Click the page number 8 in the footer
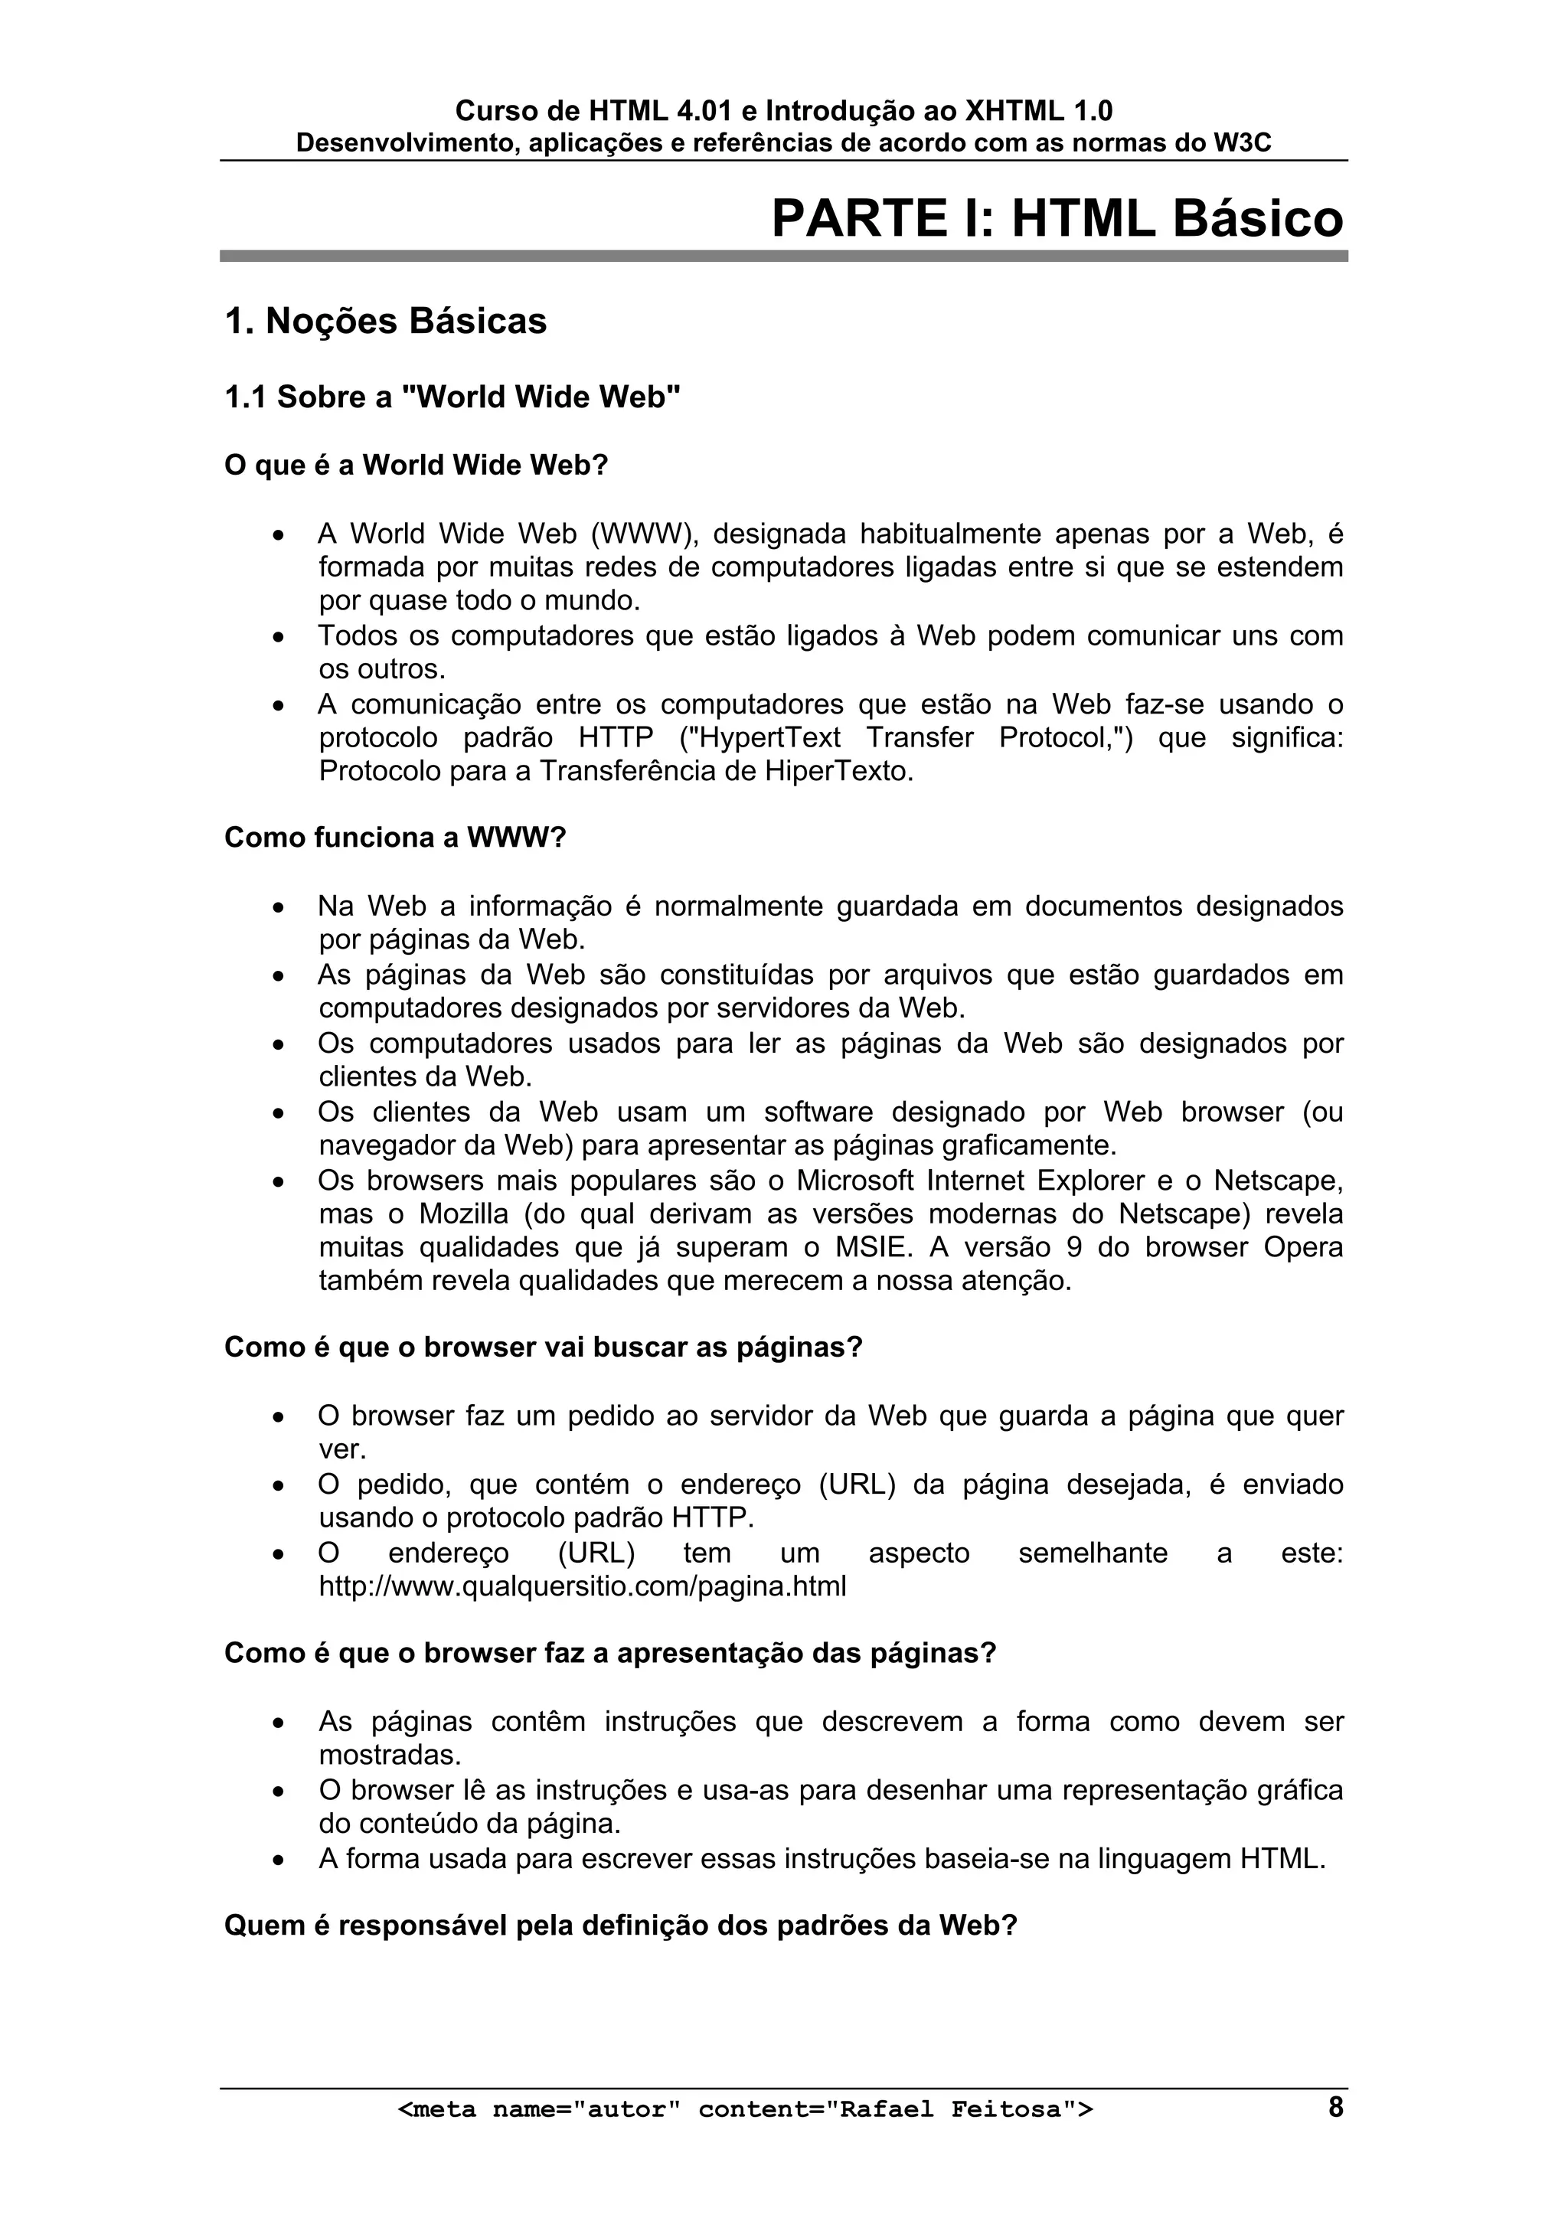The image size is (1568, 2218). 1335,2107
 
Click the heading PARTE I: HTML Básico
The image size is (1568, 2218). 1057,218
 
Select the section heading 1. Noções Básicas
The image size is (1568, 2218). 385,322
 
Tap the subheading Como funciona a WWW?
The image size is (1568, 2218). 394,838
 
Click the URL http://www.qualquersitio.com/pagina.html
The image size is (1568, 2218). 583,1586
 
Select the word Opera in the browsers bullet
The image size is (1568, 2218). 1303,1247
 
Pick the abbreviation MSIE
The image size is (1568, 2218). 872,1247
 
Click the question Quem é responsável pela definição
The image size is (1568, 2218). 620,1926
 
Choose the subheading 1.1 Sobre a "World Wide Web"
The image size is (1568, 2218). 452,397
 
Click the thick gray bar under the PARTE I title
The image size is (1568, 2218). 782,256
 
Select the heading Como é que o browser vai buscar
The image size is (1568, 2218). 542,1347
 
